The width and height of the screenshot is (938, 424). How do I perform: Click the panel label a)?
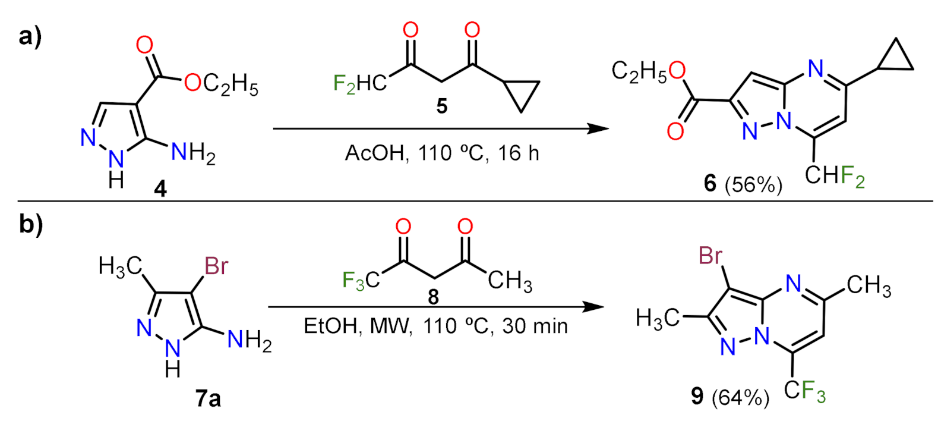(x=30, y=37)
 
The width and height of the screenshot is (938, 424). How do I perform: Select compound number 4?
(x=160, y=189)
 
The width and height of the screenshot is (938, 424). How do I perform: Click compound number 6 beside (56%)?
(x=710, y=183)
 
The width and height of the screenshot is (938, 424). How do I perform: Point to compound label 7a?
(x=208, y=398)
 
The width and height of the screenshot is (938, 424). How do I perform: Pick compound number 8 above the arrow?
(x=434, y=296)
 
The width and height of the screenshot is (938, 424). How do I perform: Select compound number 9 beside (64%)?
(x=697, y=396)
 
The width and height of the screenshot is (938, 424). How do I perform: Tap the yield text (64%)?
(x=740, y=397)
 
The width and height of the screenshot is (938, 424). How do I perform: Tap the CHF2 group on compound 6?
(x=834, y=176)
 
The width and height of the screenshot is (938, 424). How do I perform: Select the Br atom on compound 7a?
(x=216, y=266)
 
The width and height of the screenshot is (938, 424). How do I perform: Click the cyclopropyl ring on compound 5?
(x=521, y=93)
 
